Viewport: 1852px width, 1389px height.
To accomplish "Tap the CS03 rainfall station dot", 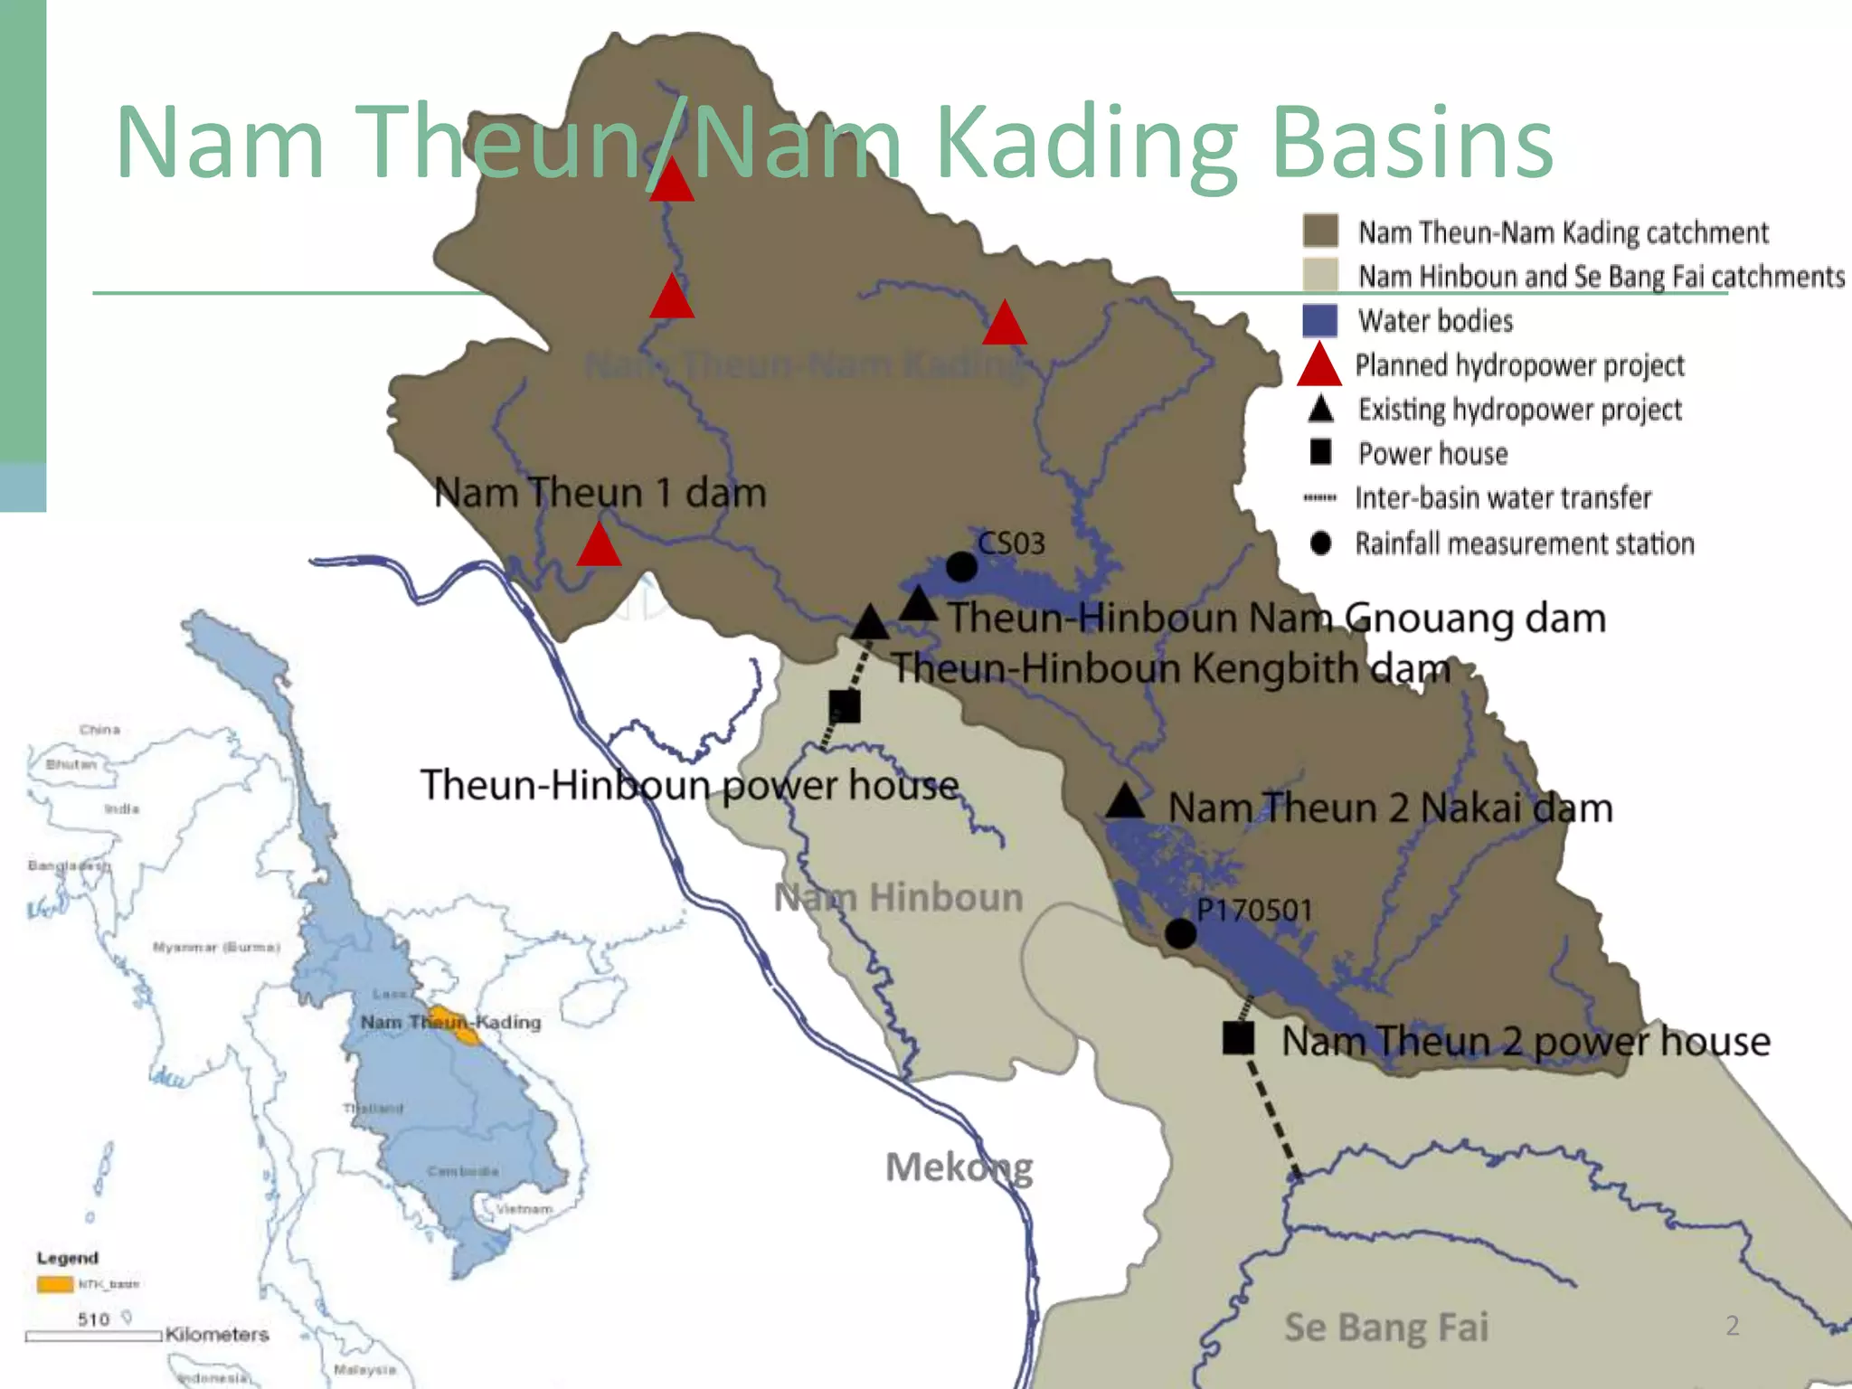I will (961, 567).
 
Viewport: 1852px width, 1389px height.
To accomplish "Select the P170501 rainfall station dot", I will (1180, 933).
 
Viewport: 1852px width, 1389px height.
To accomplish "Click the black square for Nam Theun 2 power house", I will (1238, 1038).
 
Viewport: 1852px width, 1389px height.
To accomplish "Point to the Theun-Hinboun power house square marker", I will (845, 706).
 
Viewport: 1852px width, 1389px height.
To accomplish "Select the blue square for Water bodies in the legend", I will (1319, 320).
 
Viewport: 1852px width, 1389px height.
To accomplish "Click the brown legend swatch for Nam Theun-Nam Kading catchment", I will (1320, 231).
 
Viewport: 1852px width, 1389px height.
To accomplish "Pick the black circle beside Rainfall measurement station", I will (1320, 543).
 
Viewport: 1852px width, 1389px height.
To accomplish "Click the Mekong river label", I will (959, 1167).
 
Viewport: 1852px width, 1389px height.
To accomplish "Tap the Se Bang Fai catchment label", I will (1385, 1328).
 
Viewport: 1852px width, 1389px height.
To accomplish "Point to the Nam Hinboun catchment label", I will (898, 898).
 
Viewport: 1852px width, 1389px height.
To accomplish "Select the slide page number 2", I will (1732, 1326).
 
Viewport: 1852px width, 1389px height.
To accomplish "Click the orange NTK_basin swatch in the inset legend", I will (54, 1284).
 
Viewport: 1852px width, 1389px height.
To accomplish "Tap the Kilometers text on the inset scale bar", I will (217, 1335).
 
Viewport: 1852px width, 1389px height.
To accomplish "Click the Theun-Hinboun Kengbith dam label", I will (1171, 669).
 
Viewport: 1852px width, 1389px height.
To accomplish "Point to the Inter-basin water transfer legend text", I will (1502, 498).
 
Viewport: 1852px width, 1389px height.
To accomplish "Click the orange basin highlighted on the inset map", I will (455, 1025).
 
